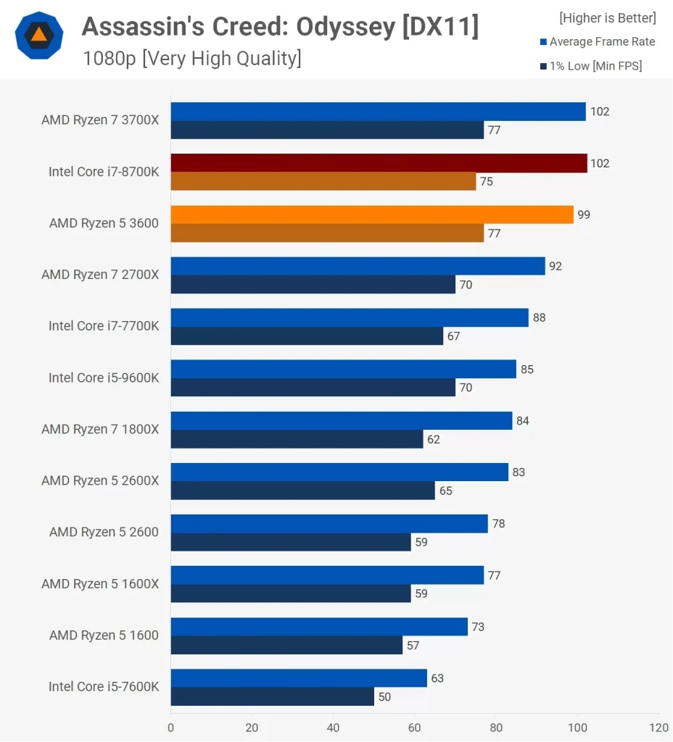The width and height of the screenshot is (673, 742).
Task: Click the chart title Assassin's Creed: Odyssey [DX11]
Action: (x=280, y=27)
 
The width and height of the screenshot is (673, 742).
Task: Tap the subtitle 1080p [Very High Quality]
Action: (x=191, y=59)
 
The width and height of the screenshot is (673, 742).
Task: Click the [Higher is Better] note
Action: (x=607, y=18)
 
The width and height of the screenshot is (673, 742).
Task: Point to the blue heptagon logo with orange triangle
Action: (x=39, y=35)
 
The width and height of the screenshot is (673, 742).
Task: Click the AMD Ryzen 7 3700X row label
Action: (x=100, y=120)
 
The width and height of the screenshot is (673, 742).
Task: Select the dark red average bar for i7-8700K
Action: (x=379, y=163)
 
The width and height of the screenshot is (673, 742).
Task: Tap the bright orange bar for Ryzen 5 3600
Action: (x=372, y=214)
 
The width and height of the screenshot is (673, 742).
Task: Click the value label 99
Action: (x=584, y=214)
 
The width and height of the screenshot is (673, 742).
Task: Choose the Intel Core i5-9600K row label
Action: (x=104, y=378)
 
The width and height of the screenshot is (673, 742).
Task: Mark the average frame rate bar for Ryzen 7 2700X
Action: (x=358, y=266)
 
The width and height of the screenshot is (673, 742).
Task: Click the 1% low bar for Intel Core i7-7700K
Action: (x=307, y=336)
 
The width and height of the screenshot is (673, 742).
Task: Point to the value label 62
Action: (x=434, y=439)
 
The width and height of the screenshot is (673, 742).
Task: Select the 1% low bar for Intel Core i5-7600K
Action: (x=272, y=697)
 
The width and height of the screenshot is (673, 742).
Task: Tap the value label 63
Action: (x=437, y=678)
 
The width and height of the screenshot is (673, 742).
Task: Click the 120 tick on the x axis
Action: (x=658, y=727)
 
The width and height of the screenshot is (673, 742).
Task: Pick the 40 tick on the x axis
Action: (x=333, y=727)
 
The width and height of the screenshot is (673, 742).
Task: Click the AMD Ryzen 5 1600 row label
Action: (x=104, y=635)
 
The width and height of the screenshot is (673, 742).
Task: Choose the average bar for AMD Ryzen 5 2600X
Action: (x=339, y=472)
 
